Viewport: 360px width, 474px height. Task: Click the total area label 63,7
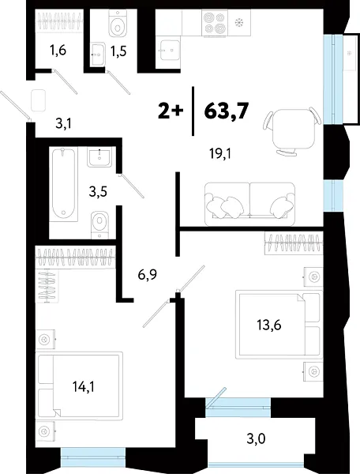pos(227,111)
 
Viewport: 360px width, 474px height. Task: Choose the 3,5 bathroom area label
pos(99,191)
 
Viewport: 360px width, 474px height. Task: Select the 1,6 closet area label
pos(59,53)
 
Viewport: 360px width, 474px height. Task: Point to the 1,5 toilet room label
pos(118,53)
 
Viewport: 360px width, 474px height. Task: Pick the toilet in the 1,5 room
pos(119,26)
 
